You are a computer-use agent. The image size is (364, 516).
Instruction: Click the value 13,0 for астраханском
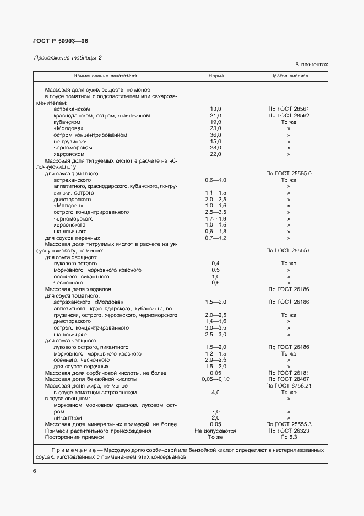[x=215, y=109]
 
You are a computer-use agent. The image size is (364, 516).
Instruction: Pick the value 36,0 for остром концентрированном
[x=215, y=135]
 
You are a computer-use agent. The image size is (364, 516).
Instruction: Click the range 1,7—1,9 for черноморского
[x=215, y=218]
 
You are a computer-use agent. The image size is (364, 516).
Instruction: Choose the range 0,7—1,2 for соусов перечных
[x=215, y=238]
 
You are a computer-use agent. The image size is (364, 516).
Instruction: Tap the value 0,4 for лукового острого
[x=215, y=264]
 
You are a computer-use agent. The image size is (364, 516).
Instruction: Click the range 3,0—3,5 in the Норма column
[x=215, y=328]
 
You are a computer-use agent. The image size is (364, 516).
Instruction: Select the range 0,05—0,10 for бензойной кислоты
[x=215, y=379]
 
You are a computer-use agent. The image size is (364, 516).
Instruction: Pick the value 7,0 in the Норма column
[x=215, y=412]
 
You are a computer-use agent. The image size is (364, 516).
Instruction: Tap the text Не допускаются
[x=215, y=431]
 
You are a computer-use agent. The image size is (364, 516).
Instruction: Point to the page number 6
[x=35, y=471]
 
